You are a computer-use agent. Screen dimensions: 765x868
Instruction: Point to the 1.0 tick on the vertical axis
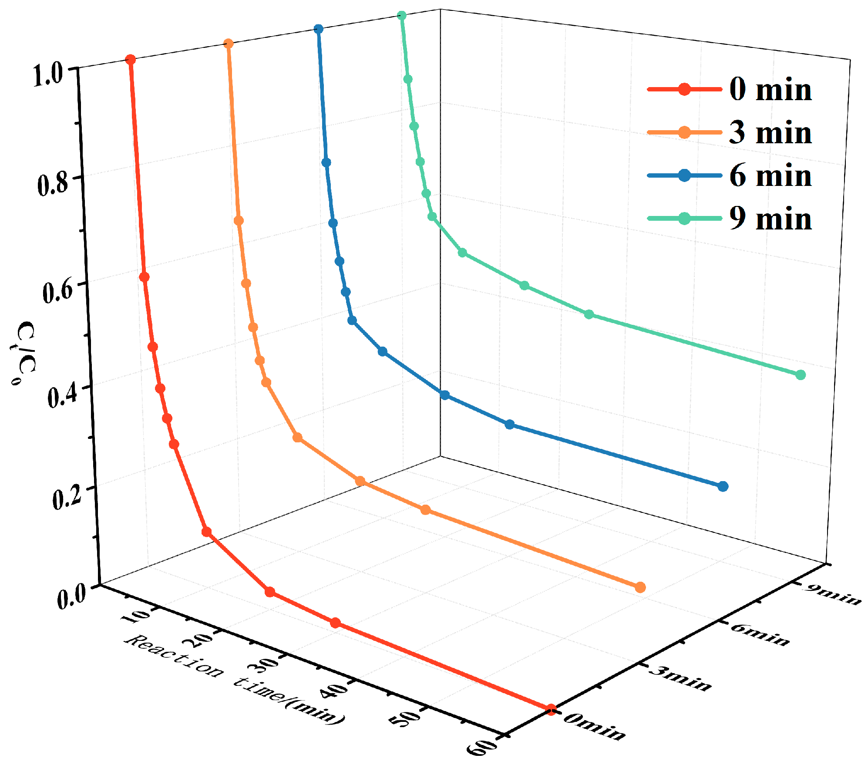49,76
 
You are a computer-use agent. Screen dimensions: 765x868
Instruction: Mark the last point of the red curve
551,710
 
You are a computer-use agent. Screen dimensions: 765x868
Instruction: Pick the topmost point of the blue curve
319,29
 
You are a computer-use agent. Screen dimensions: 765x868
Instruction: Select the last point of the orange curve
640,588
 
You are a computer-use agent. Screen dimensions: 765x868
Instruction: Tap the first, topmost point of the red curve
130,60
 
